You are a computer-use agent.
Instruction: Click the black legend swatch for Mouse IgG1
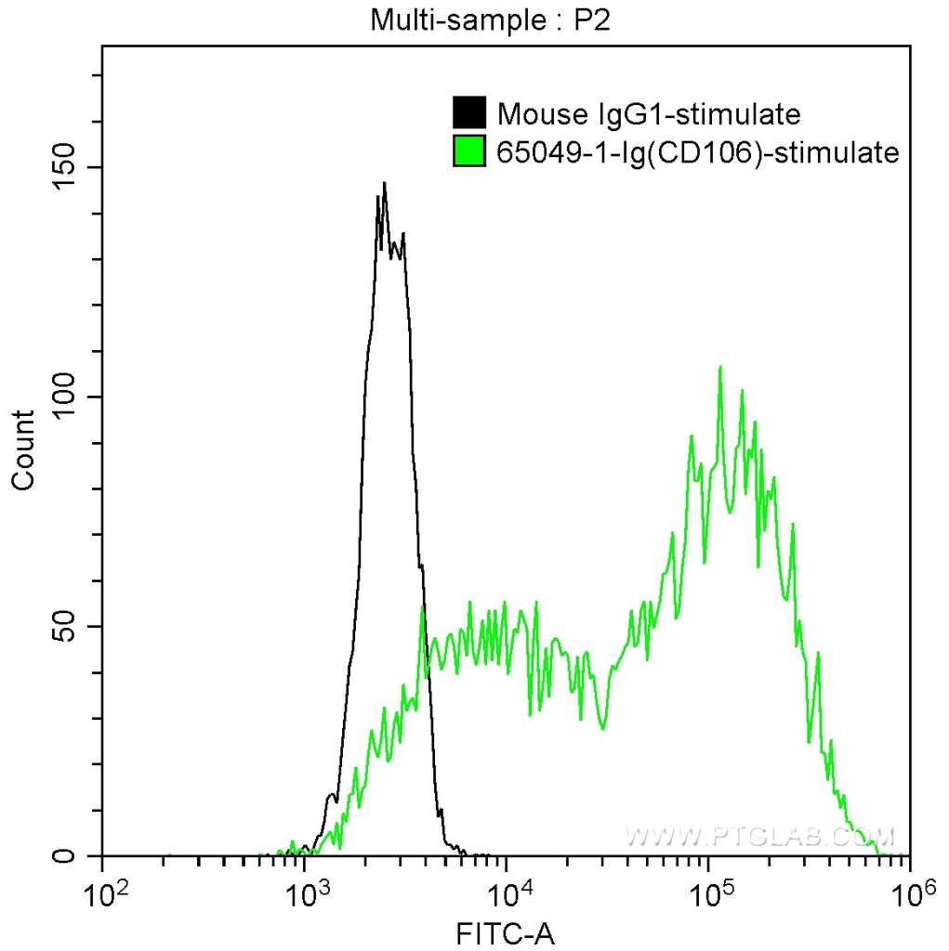pyautogui.click(x=469, y=113)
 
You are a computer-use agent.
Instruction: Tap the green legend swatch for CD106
pyautogui.click(x=469, y=150)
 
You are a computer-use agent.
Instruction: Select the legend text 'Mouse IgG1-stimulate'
pyautogui.click(x=649, y=114)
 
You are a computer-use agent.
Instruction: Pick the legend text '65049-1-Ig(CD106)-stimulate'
pyautogui.click(x=698, y=151)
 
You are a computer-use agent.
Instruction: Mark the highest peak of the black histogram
pyautogui.click(x=384, y=183)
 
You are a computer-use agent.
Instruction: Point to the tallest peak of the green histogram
pyautogui.click(x=720, y=368)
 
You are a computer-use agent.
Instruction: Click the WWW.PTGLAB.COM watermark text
pyautogui.click(x=759, y=836)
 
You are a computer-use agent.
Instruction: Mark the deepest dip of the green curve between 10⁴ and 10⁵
pyautogui.click(x=603, y=728)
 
